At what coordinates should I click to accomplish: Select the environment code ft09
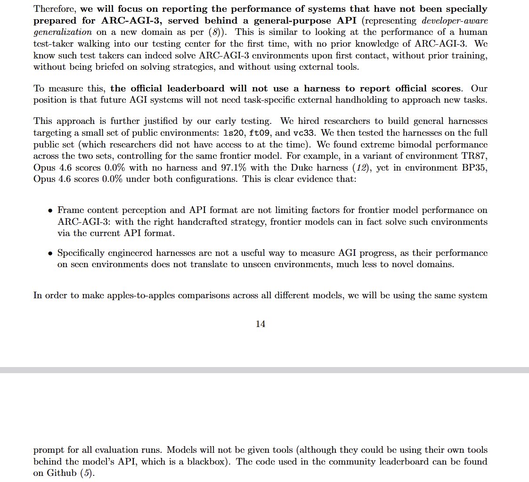(x=259, y=133)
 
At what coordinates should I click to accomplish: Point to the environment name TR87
(x=474, y=155)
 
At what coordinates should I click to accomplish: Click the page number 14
(x=260, y=324)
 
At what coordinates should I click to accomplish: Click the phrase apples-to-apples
(x=146, y=296)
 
